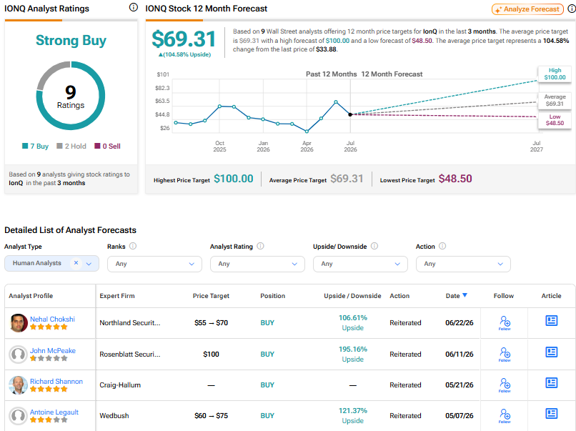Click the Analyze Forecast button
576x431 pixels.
527,9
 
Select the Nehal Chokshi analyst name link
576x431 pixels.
52,319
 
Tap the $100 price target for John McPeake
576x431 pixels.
211,355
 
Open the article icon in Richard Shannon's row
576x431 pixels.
552,383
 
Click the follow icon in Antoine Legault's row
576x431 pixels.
505,415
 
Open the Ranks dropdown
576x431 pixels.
154,264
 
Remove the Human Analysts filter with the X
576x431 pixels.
76,263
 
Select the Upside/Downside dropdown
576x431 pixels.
360,264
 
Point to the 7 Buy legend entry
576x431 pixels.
35,147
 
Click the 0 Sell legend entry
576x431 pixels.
107,147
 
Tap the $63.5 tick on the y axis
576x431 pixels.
162,101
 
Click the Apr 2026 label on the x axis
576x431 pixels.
307,147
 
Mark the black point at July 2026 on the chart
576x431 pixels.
350,114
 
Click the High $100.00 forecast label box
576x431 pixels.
555,74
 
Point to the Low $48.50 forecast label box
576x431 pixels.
555,120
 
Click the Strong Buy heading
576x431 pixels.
71,41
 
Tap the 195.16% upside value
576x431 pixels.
352,349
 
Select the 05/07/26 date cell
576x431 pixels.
460,415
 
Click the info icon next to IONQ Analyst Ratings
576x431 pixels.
134,7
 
